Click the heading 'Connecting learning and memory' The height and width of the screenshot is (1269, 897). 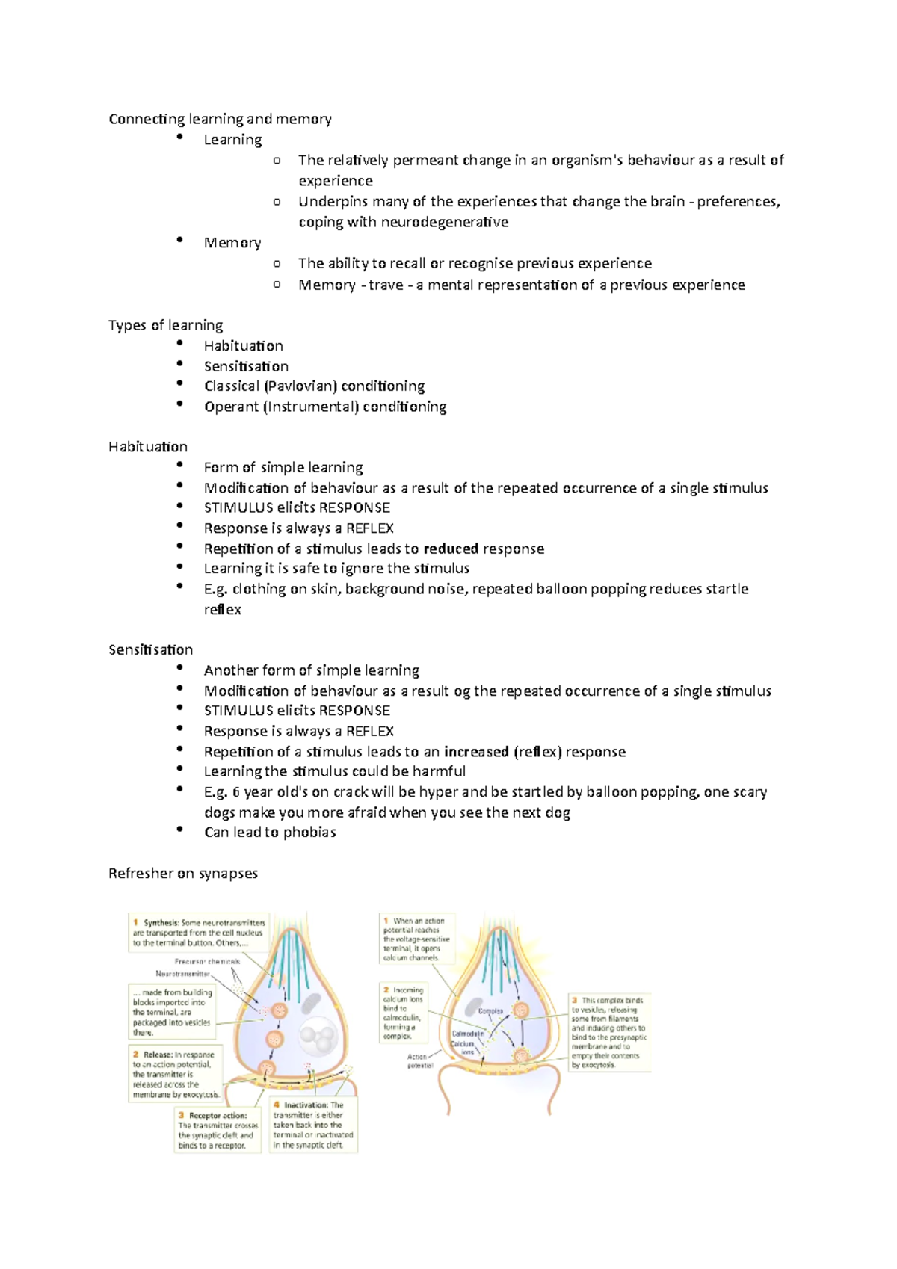point(220,119)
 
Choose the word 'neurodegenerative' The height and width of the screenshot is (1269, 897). point(445,222)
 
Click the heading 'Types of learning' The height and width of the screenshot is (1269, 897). point(165,325)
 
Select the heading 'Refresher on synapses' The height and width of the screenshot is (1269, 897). point(183,873)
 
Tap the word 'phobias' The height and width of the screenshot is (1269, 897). point(309,832)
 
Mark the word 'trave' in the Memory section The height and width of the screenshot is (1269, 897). point(386,285)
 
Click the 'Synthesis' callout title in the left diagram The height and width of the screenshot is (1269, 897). point(161,923)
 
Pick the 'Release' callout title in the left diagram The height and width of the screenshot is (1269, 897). point(158,1055)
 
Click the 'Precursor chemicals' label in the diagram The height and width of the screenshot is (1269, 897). point(207,961)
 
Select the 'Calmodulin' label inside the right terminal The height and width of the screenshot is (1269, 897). point(468,1034)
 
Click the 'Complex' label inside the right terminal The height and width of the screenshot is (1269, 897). point(490,1011)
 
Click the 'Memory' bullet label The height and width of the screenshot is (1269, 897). point(232,243)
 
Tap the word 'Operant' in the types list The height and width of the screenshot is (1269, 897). point(231,407)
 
